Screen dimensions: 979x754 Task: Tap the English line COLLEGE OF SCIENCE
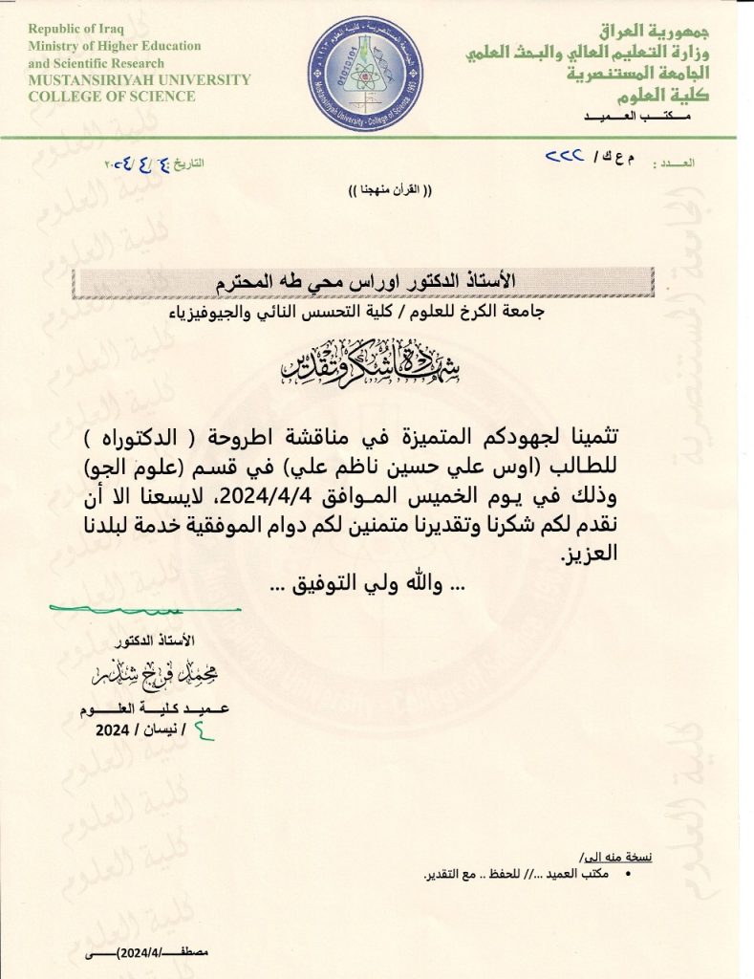tap(112, 97)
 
